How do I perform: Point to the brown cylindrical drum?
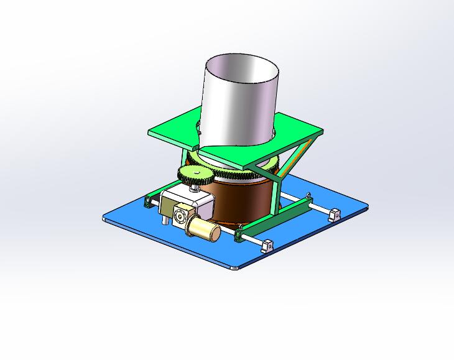239,199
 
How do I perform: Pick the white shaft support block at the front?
267,246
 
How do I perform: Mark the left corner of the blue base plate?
105,218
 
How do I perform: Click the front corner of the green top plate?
247,167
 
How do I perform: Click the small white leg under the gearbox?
164,221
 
